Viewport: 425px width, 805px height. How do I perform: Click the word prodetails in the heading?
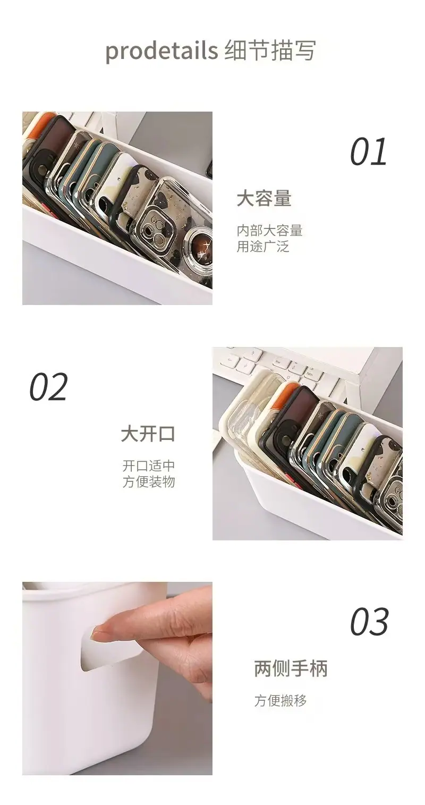pos(161,50)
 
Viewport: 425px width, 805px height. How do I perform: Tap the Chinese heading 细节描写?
pos(270,50)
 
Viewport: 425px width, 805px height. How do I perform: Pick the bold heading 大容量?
pos(264,198)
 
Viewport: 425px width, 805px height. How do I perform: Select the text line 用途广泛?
pos(263,247)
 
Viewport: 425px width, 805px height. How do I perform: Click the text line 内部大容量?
pos(269,231)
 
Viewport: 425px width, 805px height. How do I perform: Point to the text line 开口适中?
pos(148,466)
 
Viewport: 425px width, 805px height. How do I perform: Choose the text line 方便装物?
pos(148,482)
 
